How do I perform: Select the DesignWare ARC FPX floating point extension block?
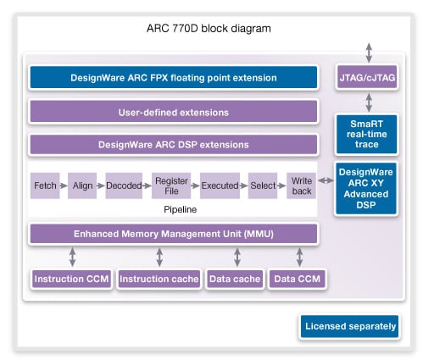coord(173,78)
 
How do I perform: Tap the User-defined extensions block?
coord(173,112)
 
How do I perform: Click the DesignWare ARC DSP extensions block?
coord(173,144)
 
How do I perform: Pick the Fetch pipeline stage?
coord(45,185)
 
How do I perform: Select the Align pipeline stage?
coord(83,185)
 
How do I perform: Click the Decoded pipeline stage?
coord(124,185)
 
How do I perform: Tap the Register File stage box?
coord(170,185)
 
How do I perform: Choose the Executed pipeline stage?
coord(218,185)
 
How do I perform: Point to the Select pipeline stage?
coord(262,185)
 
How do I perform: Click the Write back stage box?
coord(302,185)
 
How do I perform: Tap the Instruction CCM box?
coord(70,279)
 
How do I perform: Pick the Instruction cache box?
coord(159,279)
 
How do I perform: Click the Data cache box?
coord(234,279)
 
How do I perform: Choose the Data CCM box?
coord(298,279)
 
